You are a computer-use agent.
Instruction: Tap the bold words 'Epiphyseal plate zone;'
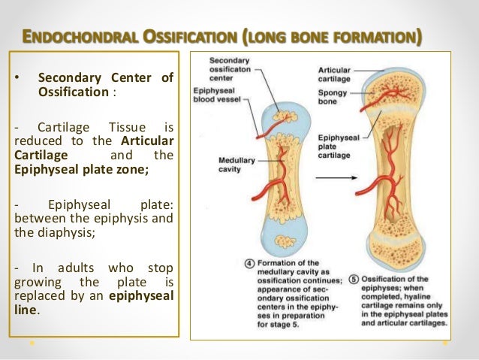(x=82, y=169)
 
